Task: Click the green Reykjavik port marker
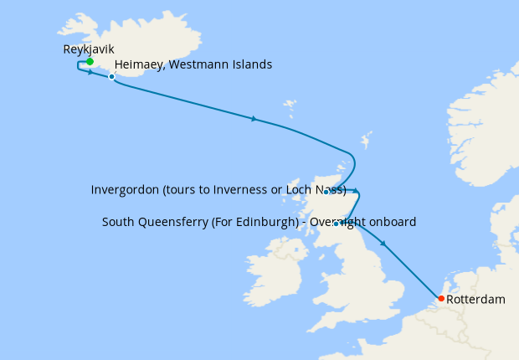pos(90,61)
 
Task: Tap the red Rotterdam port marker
pos(441,298)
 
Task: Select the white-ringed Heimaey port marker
pos(111,77)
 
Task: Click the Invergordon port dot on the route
pos(327,192)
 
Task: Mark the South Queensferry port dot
pos(336,224)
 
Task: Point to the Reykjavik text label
pos(89,49)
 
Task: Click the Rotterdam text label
pos(475,299)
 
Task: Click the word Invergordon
pos(125,190)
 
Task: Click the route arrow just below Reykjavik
pos(90,73)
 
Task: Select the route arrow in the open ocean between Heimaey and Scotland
pos(254,119)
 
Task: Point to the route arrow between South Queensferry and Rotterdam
pos(383,244)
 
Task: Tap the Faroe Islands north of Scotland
pos(290,109)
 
